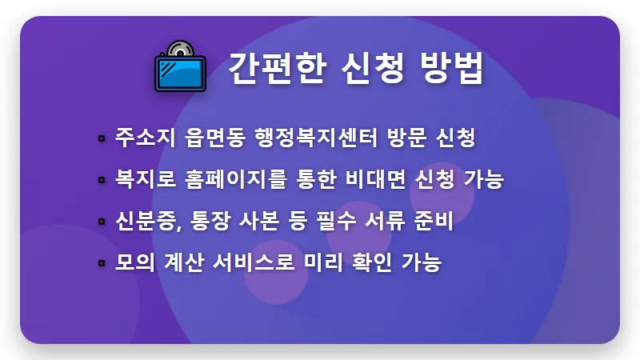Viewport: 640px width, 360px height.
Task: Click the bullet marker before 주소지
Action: (102, 138)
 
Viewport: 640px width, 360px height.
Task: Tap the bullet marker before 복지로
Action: (102, 180)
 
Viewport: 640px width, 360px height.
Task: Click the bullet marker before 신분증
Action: (102, 222)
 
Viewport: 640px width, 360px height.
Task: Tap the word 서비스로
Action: (258, 262)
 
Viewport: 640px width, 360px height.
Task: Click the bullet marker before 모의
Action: (102, 263)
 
